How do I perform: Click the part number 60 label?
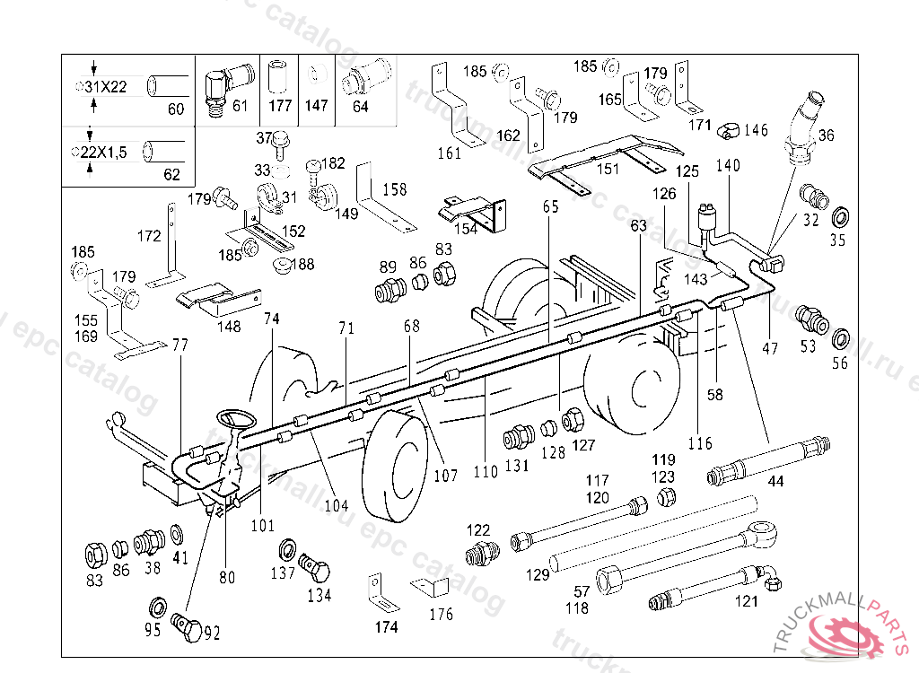click(x=175, y=109)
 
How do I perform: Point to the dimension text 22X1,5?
click(x=104, y=153)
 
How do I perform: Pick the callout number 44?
click(x=775, y=481)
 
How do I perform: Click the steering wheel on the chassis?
click(x=236, y=419)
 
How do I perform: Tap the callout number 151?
click(x=608, y=169)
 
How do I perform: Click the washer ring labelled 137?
click(x=290, y=549)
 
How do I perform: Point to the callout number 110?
click(x=486, y=470)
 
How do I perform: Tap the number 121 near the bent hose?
click(x=747, y=601)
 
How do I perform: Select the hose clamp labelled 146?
click(x=728, y=131)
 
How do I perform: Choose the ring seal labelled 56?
click(x=840, y=340)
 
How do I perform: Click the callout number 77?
click(x=181, y=345)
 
